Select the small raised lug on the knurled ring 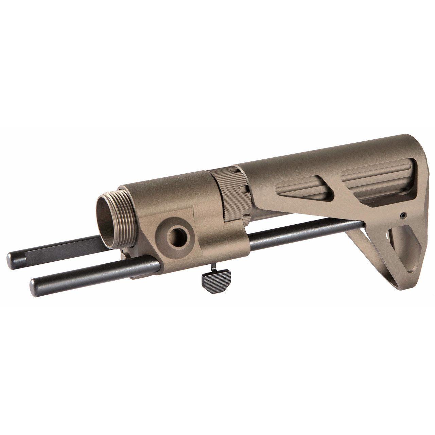pos(242,188)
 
